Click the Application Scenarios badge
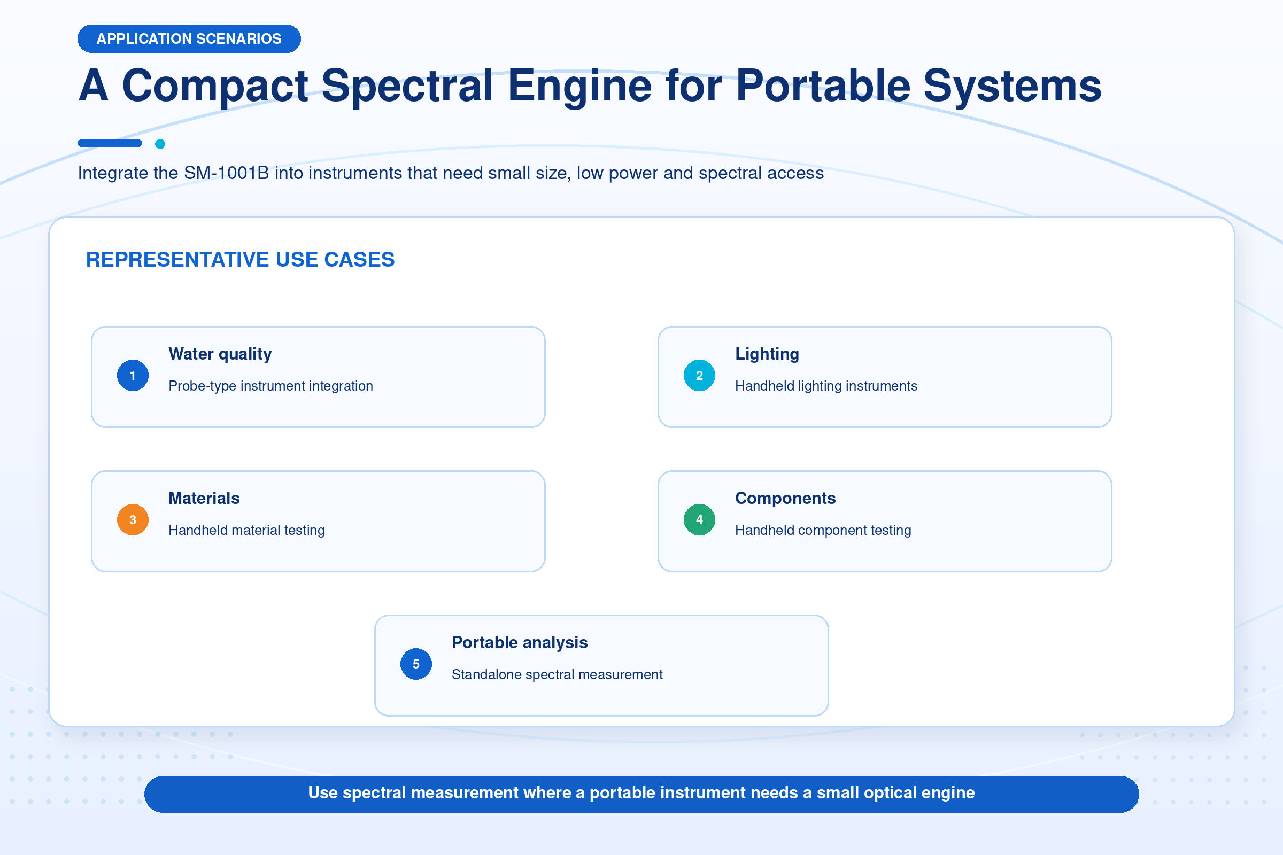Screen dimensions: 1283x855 point(189,38)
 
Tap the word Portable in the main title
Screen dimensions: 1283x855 point(823,85)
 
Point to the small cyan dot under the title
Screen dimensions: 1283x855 point(160,144)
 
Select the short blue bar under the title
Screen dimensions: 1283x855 point(110,143)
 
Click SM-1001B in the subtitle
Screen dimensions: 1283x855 point(226,173)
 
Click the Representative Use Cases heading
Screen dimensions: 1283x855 point(240,260)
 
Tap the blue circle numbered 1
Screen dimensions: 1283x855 point(133,375)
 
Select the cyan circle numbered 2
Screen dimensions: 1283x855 point(699,375)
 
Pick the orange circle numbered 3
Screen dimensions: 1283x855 point(133,519)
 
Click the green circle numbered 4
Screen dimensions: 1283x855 point(699,519)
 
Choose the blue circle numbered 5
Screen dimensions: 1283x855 point(416,664)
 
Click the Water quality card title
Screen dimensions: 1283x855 point(220,354)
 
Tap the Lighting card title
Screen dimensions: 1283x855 point(767,354)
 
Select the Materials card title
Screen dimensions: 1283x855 point(204,499)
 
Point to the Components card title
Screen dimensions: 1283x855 point(785,499)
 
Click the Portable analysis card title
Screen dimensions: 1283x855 point(520,643)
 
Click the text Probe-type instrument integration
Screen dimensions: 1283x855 point(270,386)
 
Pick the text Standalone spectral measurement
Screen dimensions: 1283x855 point(557,674)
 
